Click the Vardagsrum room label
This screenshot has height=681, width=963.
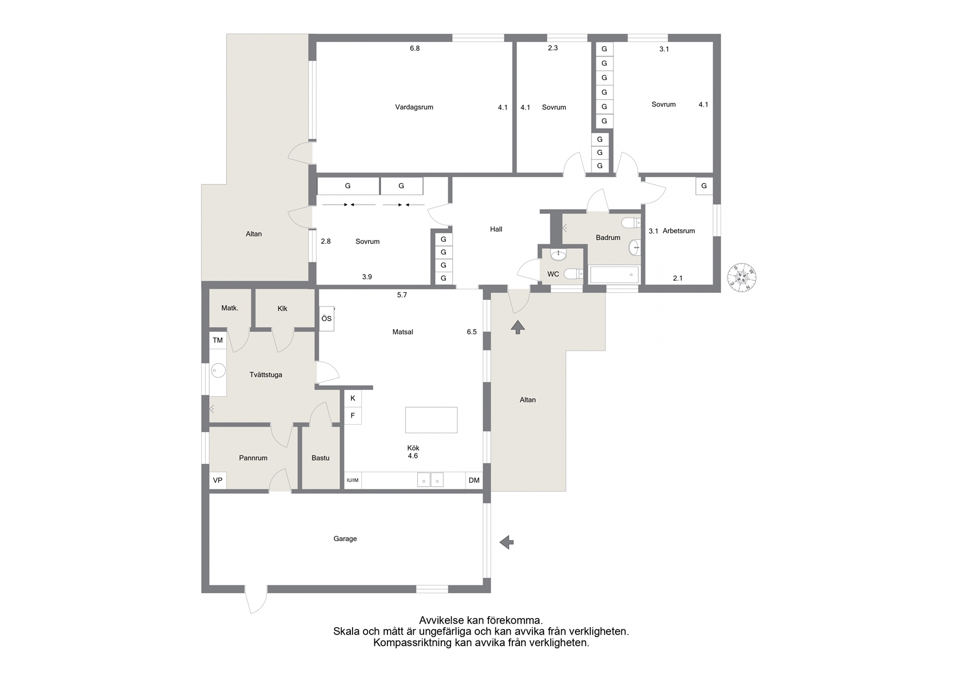[x=414, y=107]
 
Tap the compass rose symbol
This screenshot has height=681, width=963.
[x=742, y=277]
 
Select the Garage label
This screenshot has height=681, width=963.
[x=345, y=539]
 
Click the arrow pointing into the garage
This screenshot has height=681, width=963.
[x=507, y=542]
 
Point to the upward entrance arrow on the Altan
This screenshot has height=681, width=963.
[x=518, y=327]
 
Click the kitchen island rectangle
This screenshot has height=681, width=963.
[x=431, y=420]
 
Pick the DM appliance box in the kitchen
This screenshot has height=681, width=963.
[x=474, y=480]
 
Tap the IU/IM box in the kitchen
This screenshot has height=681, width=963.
[x=353, y=480]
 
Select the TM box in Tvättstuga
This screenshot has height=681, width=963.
[x=218, y=340]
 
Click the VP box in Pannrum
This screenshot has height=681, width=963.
[x=218, y=480]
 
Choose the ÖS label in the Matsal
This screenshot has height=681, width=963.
[x=327, y=319]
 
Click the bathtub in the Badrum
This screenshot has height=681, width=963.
[x=614, y=275]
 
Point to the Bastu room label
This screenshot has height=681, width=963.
[x=320, y=458]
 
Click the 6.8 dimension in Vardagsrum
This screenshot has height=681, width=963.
[x=414, y=49]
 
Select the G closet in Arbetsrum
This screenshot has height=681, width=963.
[x=704, y=186]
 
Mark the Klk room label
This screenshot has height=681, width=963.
[x=283, y=308]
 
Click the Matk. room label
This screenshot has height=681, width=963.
[x=229, y=308]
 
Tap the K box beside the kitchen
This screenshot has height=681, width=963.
[x=353, y=398]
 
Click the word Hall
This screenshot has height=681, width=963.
[x=496, y=229]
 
